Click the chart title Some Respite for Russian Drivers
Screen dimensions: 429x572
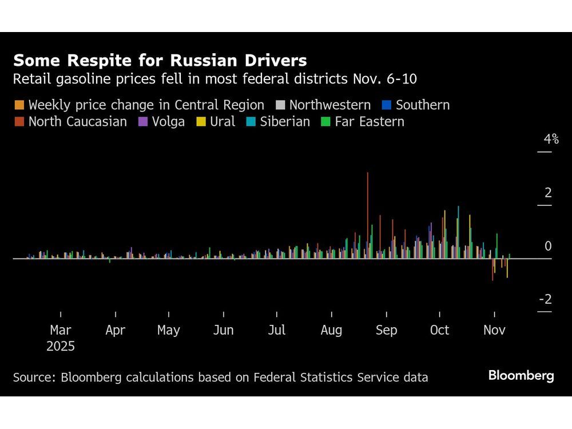coord(160,61)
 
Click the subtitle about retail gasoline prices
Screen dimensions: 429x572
coord(214,80)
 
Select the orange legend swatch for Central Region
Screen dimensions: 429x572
coord(19,105)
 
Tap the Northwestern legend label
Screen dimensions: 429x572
coord(329,105)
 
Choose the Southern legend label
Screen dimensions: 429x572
coord(422,105)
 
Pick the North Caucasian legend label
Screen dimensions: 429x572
coord(77,122)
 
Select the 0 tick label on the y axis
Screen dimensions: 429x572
coord(548,247)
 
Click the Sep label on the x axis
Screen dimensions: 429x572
coord(386,331)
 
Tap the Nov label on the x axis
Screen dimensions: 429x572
coord(494,331)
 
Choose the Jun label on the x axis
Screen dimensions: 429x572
coord(223,331)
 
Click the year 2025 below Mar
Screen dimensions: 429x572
coord(61,347)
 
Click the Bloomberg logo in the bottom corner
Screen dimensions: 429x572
coord(521,376)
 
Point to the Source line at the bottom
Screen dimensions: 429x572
coord(220,378)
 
